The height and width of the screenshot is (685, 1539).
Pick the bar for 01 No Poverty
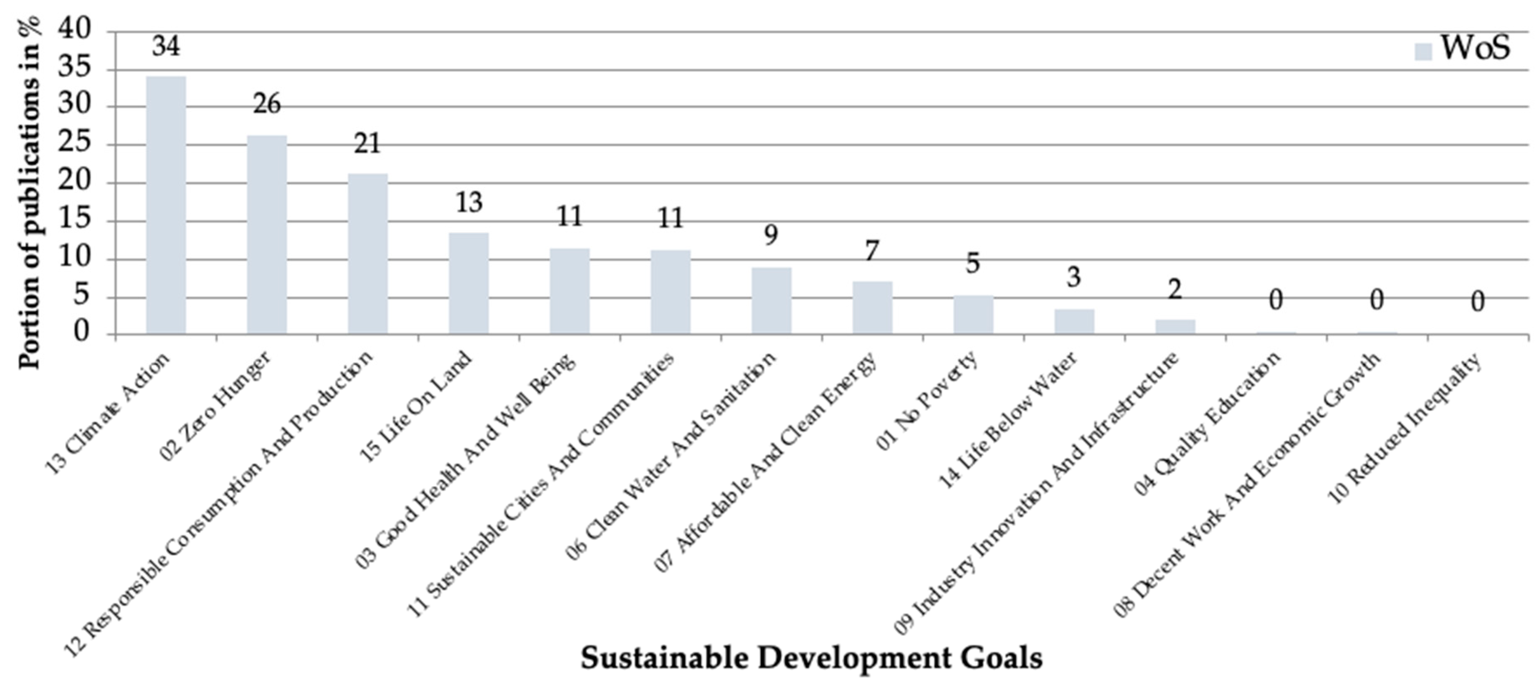coord(973,315)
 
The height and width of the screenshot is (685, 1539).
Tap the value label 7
coord(872,251)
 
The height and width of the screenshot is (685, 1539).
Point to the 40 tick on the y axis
coord(76,30)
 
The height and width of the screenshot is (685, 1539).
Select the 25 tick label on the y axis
coord(76,144)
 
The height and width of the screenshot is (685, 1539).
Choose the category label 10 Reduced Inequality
coord(1404,436)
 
